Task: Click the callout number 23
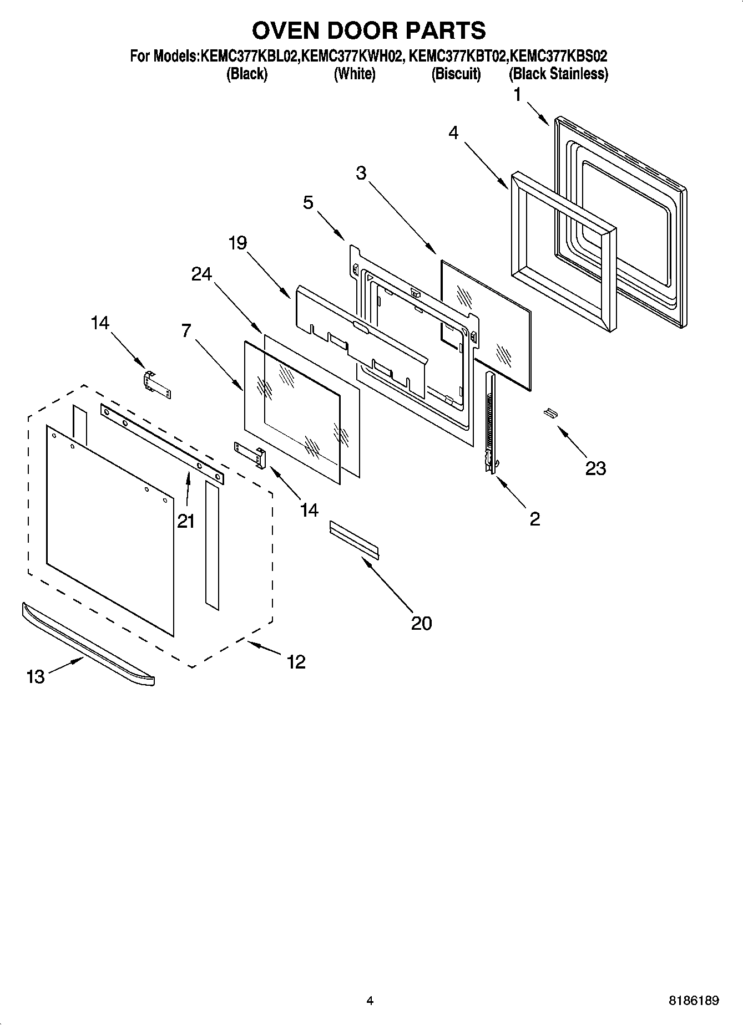(x=595, y=468)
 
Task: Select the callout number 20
(x=421, y=623)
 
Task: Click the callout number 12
(x=296, y=661)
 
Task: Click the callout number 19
(x=237, y=243)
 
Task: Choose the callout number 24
(x=201, y=273)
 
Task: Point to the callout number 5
(x=308, y=202)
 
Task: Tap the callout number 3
(x=361, y=173)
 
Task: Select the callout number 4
(x=453, y=132)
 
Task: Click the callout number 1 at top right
(x=517, y=95)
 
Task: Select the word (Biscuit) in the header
(x=456, y=74)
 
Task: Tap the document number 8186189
(x=694, y=1001)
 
